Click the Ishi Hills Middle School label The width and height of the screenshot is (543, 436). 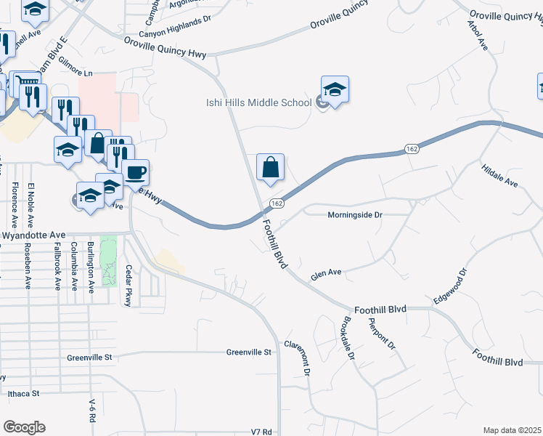click(x=258, y=102)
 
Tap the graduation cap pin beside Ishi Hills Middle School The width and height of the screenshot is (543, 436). click(x=335, y=91)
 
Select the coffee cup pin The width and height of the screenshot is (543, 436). click(x=135, y=173)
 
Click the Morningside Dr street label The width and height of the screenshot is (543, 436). click(x=355, y=215)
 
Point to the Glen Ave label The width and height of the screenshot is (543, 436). click(x=326, y=275)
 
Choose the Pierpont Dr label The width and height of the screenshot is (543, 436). click(x=380, y=333)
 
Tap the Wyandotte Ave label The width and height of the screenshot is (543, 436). click(x=34, y=235)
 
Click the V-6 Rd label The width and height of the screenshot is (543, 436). click(x=91, y=412)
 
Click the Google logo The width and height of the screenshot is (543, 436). click(x=24, y=427)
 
